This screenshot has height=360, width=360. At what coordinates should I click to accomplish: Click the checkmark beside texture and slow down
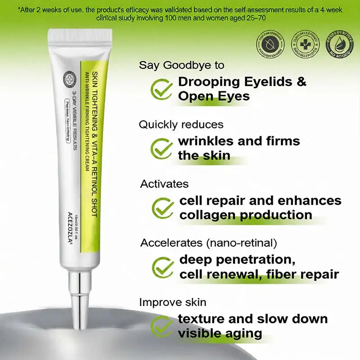[x=161, y=326]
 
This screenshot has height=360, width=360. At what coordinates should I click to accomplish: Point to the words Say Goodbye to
[x=181, y=65]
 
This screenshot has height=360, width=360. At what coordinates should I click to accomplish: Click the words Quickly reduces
[x=181, y=124]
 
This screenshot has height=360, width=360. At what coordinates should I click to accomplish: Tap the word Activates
[x=164, y=184]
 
